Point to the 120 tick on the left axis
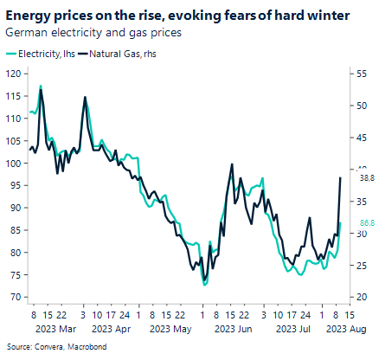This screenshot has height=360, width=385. (x=12, y=74)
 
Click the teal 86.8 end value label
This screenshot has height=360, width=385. (x=366, y=222)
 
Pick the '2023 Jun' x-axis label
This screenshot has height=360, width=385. (x=233, y=329)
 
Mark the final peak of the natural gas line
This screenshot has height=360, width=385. (x=340, y=177)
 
